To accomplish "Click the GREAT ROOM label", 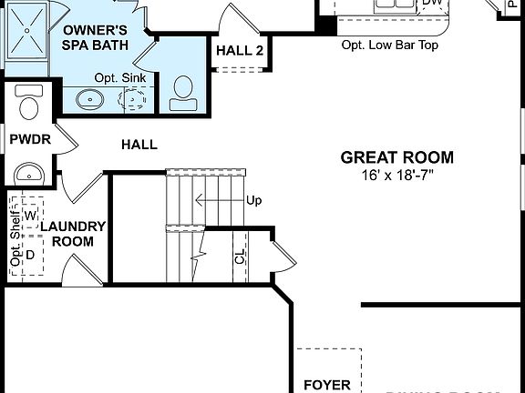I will pyautogui.click(x=396, y=157).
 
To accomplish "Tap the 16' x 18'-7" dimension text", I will pyautogui.click(x=396, y=175).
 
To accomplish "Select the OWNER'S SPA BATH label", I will pyautogui.click(x=95, y=36).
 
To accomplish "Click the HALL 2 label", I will pyautogui.click(x=240, y=51).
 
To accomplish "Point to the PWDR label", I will pyautogui.click(x=29, y=139).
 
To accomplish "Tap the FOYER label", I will pyautogui.click(x=326, y=385).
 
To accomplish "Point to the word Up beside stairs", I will pyautogui.click(x=254, y=199).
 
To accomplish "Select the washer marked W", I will pyautogui.click(x=30, y=215).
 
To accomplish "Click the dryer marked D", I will pyautogui.click(x=30, y=255).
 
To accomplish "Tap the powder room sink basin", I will pyautogui.click(x=30, y=173).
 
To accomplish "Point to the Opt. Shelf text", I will pyautogui.click(x=15, y=241).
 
